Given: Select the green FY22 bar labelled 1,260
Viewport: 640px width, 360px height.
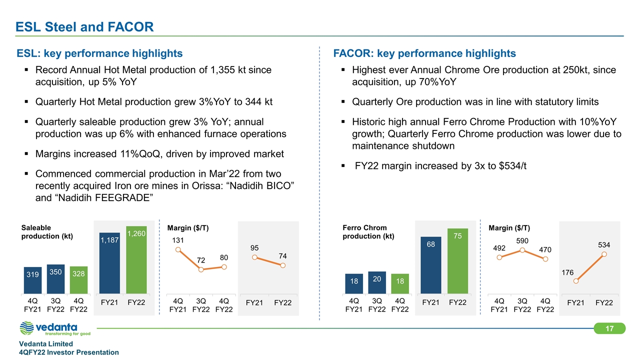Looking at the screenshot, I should [x=136, y=259].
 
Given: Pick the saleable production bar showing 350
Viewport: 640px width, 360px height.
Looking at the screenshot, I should [x=56, y=278].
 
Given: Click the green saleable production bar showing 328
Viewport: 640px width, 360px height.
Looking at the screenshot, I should [x=78, y=279].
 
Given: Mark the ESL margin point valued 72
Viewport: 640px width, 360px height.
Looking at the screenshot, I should [x=201, y=269].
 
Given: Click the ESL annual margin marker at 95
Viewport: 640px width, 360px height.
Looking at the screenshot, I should [x=254, y=257].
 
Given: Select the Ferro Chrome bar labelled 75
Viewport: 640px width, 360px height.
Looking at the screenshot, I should [x=457, y=260].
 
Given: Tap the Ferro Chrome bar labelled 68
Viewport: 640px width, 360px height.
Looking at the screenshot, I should [x=431, y=265].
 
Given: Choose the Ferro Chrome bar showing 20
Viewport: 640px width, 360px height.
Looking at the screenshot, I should [x=377, y=282].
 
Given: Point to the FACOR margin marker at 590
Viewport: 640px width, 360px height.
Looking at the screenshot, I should [x=522, y=250].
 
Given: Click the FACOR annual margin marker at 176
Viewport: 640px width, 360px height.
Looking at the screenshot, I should [x=576, y=281].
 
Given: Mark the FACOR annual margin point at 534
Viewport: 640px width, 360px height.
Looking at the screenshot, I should [x=604, y=254].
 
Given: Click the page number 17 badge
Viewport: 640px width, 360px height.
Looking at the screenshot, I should [x=609, y=328].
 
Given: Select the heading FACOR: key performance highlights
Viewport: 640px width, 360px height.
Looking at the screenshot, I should [x=424, y=53].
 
